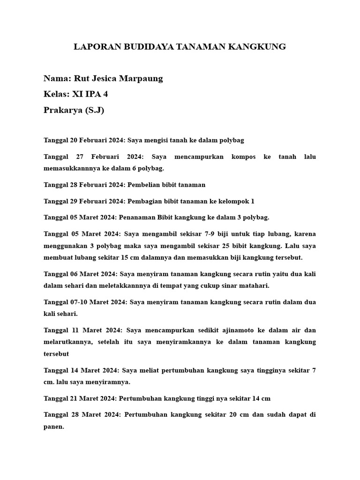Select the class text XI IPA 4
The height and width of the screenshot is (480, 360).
(90, 94)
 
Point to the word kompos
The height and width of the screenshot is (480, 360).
(243, 157)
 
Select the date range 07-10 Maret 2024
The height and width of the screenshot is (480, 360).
(98, 302)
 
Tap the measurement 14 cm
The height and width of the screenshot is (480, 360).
(261, 398)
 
